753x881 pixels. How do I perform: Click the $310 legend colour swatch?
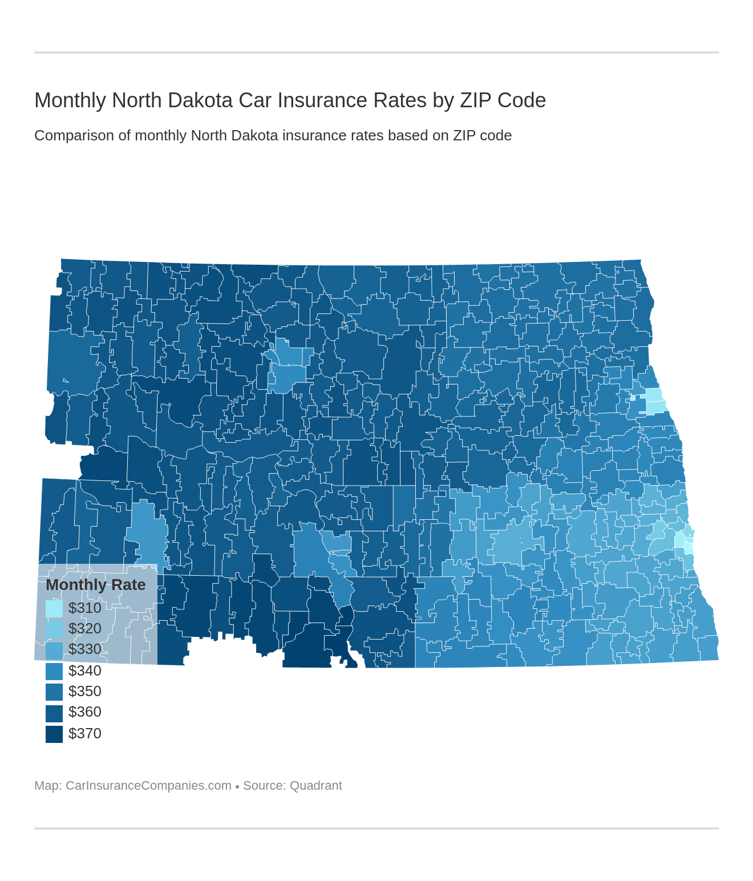(x=54, y=608)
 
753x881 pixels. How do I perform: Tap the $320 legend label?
(x=84, y=628)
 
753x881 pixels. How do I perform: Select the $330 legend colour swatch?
(x=54, y=650)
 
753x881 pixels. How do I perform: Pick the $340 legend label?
(x=84, y=670)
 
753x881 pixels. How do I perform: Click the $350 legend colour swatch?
(x=54, y=692)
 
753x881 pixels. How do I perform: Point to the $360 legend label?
(x=84, y=712)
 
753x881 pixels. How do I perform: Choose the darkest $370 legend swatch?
(x=54, y=734)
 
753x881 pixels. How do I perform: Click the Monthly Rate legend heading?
(x=95, y=585)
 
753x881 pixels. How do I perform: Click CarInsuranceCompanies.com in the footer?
(x=148, y=786)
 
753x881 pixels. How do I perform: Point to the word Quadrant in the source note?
(x=315, y=786)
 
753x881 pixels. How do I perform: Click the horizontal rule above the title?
(x=376, y=52)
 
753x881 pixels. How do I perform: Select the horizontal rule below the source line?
(x=376, y=828)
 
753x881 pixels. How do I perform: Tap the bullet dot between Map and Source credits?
(x=237, y=787)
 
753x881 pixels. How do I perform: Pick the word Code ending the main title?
(x=521, y=100)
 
